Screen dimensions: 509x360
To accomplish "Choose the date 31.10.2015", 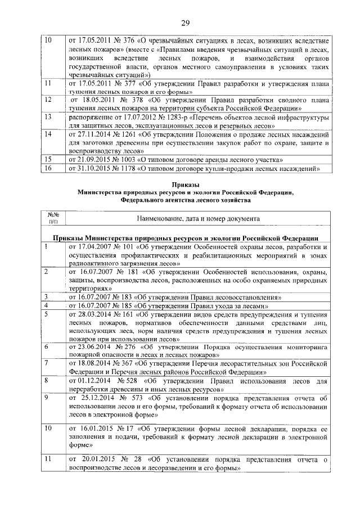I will coord(92,168).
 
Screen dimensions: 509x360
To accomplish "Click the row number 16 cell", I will coord(48,168).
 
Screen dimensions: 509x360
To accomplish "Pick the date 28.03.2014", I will coord(92,314).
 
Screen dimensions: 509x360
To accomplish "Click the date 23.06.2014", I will coord(92,348).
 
